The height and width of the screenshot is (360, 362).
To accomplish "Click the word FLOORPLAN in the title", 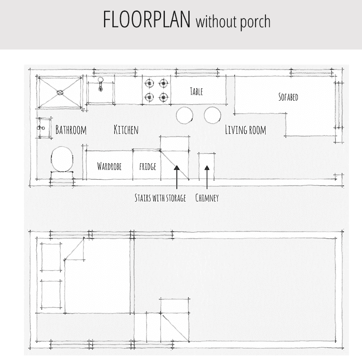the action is (x=146, y=19).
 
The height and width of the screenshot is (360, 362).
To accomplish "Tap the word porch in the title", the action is (x=255, y=22).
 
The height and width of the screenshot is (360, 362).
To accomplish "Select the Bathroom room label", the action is (x=71, y=130).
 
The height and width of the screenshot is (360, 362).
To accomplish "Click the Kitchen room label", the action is (x=126, y=130).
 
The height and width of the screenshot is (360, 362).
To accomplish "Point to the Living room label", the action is (x=245, y=130).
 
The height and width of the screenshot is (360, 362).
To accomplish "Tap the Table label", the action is (x=196, y=91).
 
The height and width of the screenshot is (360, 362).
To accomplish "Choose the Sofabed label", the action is (x=288, y=97).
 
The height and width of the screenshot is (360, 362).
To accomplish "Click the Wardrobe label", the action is (x=109, y=166).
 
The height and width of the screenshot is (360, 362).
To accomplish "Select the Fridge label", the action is (x=148, y=167).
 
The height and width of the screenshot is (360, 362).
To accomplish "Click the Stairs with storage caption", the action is (x=160, y=198).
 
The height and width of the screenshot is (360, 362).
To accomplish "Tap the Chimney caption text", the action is (x=207, y=198).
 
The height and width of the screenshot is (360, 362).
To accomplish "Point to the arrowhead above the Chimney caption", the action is (x=207, y=168).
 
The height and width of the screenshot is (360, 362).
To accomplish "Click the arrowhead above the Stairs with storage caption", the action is (x=177, y=168).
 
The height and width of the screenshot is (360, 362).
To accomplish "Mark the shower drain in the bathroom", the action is (x=60, y=93).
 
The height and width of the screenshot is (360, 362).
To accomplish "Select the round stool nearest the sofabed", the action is (x=212, y=115).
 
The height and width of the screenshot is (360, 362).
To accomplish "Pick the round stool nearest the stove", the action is (x=185, y=115).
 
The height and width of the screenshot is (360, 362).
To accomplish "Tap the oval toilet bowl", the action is (x=62, y=159).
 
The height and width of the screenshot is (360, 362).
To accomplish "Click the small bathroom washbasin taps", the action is (x=41, y=128).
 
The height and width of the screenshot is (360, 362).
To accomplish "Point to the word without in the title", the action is (x=216, y=21).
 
